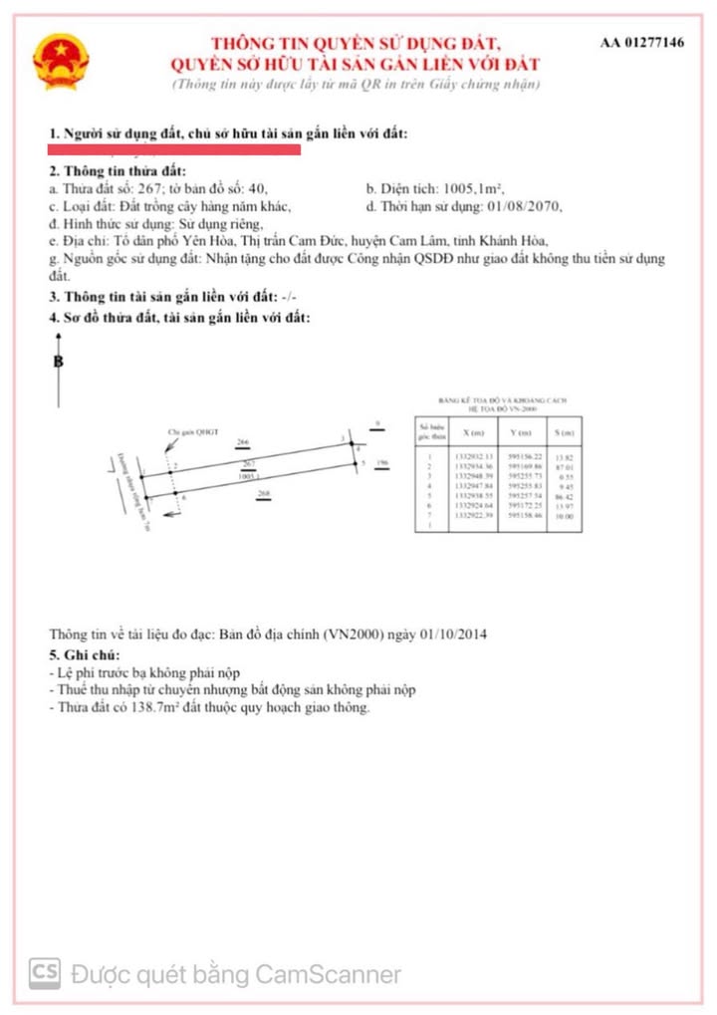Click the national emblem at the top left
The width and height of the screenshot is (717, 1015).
point(60,62)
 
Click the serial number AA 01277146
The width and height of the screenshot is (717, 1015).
point(642,44)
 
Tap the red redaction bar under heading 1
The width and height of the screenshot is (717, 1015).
point(175,149)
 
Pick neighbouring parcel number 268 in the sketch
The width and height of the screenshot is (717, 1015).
point(264,493)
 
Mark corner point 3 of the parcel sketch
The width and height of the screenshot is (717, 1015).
point(343,439)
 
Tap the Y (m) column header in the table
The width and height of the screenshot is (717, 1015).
point(521,434)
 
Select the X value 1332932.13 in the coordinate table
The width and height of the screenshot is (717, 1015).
point(472,455)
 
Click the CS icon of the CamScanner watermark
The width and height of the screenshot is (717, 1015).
point(43,972)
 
